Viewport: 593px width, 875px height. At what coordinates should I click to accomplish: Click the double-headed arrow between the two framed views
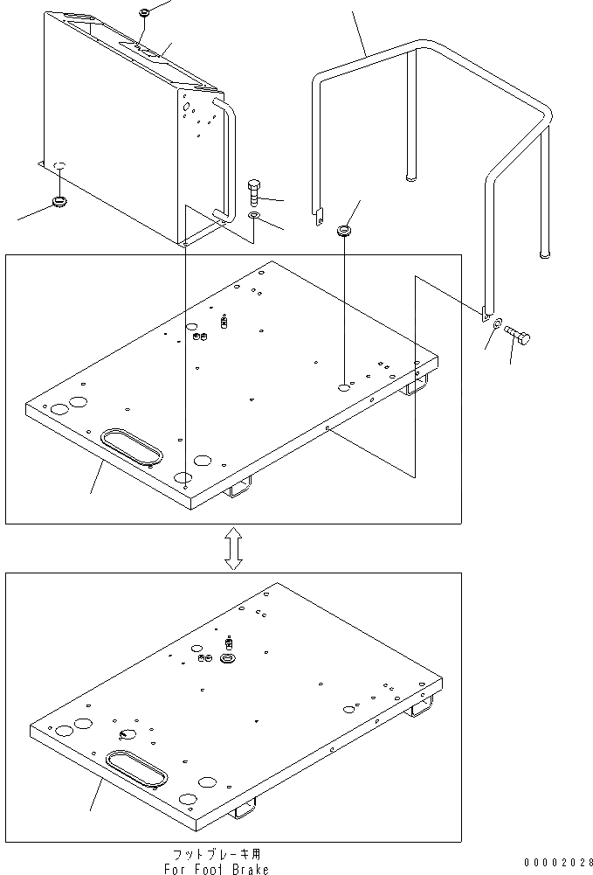pyautogui.click(x=233, y=548)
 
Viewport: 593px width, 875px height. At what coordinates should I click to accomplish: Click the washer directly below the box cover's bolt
pyautogui.click(x=253, y=214)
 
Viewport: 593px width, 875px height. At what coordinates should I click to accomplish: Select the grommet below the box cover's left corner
pyautogui.click(x=60, y=203)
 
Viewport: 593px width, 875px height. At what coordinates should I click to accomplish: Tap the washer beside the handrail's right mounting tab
pyautogui.click(x=497, y=324)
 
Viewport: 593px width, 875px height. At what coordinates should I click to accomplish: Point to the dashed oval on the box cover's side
pyautogui.click(x=61, y=165)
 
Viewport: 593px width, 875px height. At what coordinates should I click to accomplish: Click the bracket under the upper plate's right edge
pyautogui.click(x=417, y=383)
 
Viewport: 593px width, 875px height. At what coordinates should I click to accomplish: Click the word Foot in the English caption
pyautogui.click(x=211, y=869)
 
